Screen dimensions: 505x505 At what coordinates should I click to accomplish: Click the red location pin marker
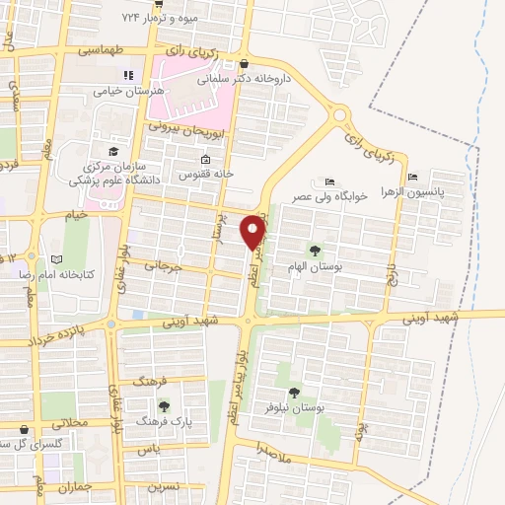click(253, 231)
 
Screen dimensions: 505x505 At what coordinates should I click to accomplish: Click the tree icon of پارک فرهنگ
click(163, 405)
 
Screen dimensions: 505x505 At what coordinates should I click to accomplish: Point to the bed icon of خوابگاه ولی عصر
click(329, 181)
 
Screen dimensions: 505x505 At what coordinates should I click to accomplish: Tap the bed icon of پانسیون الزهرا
click(411, 178)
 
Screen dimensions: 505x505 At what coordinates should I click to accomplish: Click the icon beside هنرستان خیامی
click(126, 75)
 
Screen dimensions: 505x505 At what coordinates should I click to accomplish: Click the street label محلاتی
click(70, 422)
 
